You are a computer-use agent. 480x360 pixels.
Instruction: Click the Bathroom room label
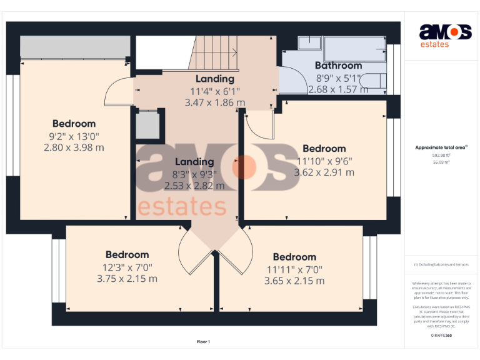click(x=338, y=66)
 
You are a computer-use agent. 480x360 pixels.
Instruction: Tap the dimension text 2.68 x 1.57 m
click(x=338, y=89)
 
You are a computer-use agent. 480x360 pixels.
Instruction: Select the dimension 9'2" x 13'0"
click(x=74, y=136)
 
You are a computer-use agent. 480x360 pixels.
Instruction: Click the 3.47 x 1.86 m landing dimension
click(x=215, y=102)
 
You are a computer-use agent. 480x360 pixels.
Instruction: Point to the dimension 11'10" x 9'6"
click(x=324, y=160)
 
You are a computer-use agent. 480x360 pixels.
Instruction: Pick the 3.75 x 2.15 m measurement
click(x=127, y=279)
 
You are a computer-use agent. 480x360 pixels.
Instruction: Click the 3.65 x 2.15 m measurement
click(x=294, y=281)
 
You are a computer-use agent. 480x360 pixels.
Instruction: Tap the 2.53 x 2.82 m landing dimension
click(x=194, y=186)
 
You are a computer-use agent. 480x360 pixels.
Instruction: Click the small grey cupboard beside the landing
click(x=149, y=125)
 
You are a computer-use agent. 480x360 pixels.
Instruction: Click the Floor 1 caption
click(x=203, y=342)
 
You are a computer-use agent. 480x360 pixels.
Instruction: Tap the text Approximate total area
click(x=441, y=147)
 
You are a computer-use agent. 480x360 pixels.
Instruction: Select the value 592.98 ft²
click(x=441, y=155)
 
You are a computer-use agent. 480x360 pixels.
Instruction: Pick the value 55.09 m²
click(x=441, y=161)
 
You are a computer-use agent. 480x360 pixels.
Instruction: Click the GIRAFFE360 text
click(x=441, y=336)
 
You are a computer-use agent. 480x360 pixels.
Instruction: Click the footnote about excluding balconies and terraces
click(x=441, y=264)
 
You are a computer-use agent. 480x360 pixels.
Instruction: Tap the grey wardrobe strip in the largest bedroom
click(x=75, y=47)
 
